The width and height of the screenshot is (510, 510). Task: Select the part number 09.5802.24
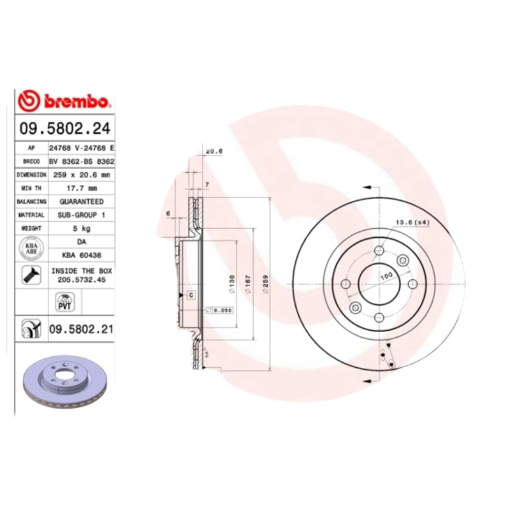(x=64, y=129)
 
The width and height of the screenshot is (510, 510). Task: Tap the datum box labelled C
(x=190, y=295)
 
